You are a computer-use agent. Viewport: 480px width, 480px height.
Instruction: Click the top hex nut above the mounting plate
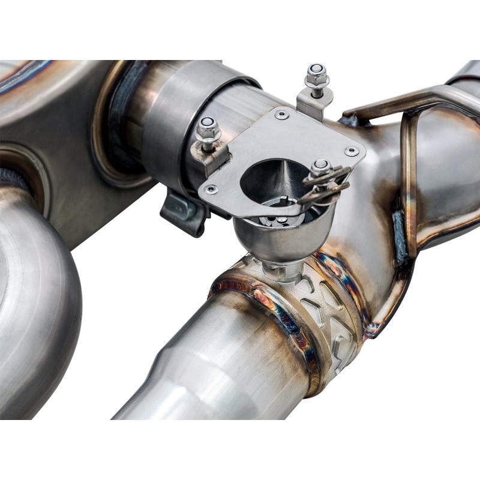click(x=316, y=75)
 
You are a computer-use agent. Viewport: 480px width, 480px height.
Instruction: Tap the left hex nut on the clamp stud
click(x=208, y=129)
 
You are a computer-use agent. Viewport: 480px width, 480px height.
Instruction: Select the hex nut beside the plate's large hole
click(x=321, y=167)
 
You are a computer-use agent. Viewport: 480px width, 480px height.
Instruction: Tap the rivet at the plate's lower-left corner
click(x=209, y=190)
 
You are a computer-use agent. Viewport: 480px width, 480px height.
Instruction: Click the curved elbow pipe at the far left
click(x=36, y=300)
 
